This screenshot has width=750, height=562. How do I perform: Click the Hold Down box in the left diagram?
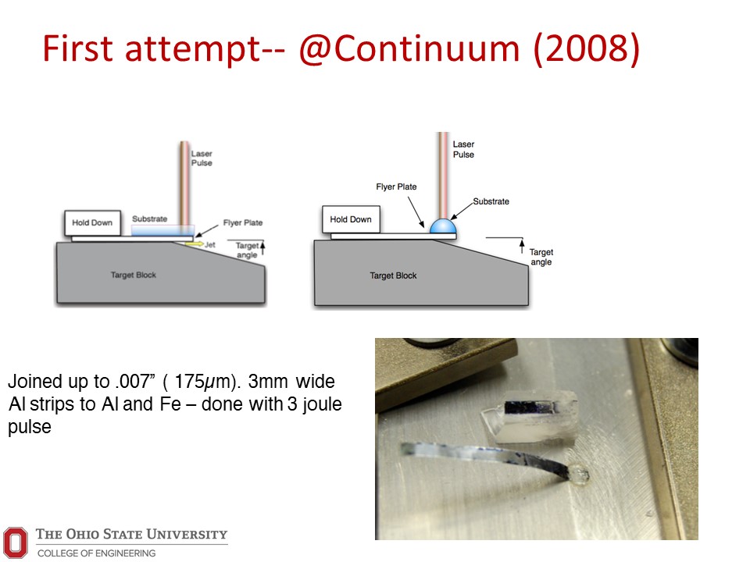tap(92, 222)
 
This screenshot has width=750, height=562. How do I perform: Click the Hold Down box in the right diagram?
tap(351, 219)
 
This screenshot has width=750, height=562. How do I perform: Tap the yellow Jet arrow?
tap(195, 244)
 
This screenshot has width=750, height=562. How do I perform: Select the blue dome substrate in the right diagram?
tap(443, 226)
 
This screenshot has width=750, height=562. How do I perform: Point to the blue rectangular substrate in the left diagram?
tap(163, 230)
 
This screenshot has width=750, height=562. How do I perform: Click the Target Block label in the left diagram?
tap(134, 275)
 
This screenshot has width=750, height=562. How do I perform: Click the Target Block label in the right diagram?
tap(393, 276)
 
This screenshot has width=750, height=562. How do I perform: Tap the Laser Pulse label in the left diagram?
tap(202, 158)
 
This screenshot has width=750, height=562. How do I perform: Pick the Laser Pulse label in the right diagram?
tap(463, 149)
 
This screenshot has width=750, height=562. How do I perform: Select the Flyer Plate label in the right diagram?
tap(396, 187)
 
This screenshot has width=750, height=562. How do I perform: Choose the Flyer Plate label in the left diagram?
tap(242, 222)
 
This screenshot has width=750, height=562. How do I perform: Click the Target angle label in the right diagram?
tap(541, 257)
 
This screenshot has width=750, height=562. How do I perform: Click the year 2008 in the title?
tap(587, 48)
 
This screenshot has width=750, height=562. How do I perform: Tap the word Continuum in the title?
tap(427, 48)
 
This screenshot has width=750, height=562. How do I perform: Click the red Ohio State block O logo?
tap(16, 542)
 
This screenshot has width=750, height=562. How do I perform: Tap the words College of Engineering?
tap(96, 553)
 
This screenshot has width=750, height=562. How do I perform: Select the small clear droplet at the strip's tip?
tap(579, 474)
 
